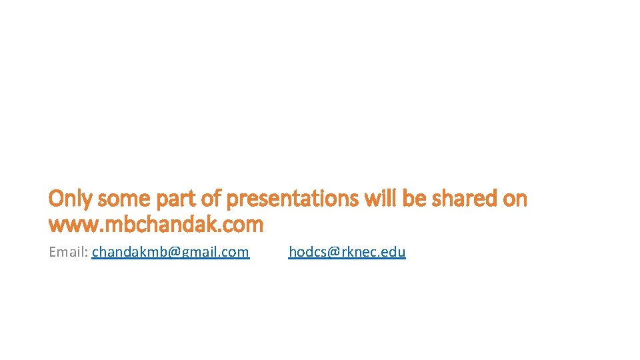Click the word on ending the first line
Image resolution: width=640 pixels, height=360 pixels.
pos(514,199)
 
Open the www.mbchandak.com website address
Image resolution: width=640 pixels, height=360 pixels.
pos(156,225)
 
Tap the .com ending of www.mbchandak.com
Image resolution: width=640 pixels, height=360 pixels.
pos(243,225)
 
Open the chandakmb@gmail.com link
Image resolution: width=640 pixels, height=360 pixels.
pos(171,252)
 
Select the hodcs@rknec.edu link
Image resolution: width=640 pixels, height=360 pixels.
pos(347,252)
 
